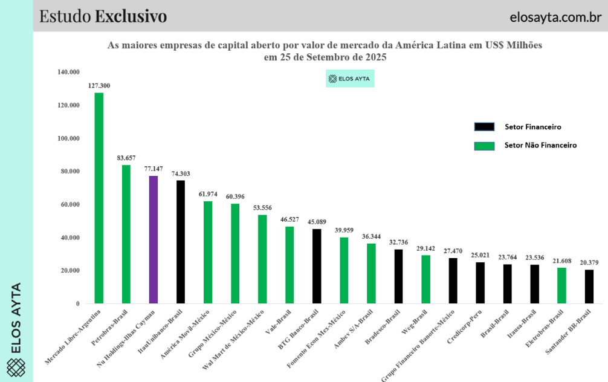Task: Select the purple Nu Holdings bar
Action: [154, 239]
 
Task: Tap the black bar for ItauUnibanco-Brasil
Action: [181, 242]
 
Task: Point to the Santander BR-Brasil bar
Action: [589, 286]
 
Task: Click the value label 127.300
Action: [99, 86]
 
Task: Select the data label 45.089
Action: [317, 222]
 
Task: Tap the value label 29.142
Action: [426, 248]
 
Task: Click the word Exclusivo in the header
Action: [131, 16]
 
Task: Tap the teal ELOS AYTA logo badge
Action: [350, 79]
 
